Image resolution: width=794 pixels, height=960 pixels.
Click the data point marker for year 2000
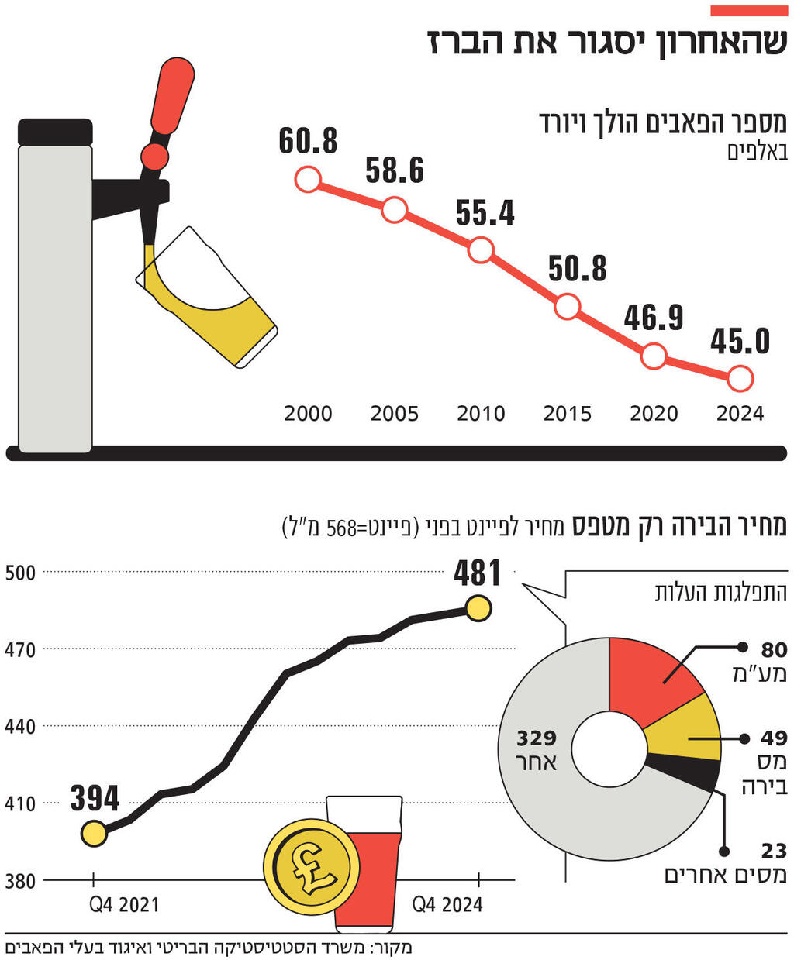pos(308,181)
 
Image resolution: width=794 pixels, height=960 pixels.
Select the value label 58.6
pos(395,170)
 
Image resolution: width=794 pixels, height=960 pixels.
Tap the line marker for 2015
pos(568,307)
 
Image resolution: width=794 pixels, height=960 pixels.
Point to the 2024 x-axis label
pos(740,414)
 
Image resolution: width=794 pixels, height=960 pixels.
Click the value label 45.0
pos(740,342)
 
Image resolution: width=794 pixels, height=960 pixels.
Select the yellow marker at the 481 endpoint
pos(478,608)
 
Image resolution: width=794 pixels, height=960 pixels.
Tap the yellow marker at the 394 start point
pos(94,834)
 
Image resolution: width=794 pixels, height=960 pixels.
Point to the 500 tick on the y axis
pos(21,573)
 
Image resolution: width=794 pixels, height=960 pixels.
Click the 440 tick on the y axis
pos(21,727)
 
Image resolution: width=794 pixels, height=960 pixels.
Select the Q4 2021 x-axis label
pos(124,904)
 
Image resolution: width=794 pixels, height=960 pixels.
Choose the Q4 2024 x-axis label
pos(447,904)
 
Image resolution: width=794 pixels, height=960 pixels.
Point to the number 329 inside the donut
pos(537,738)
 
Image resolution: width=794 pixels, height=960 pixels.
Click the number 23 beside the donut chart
pos(774,852)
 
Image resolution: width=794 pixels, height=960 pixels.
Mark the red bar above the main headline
pos(749,11)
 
